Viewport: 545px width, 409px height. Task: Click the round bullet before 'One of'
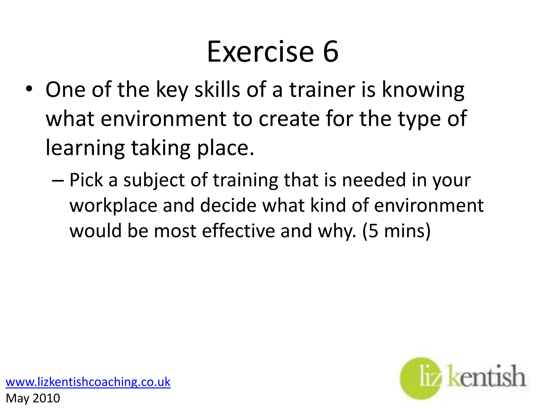coord(29,89)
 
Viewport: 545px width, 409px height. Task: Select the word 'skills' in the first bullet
coord(217,90)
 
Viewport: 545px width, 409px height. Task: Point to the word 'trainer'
coord(322,90)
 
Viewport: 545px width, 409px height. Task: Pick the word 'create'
coord(289,119)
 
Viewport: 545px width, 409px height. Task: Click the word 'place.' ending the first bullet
coord(225,148)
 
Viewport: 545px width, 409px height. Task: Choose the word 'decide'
coord(228,206)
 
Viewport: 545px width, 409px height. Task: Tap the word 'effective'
coord(238,231)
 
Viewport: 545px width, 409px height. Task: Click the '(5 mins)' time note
coord(396,231)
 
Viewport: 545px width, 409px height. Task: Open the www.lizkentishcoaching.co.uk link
coord(88,382)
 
